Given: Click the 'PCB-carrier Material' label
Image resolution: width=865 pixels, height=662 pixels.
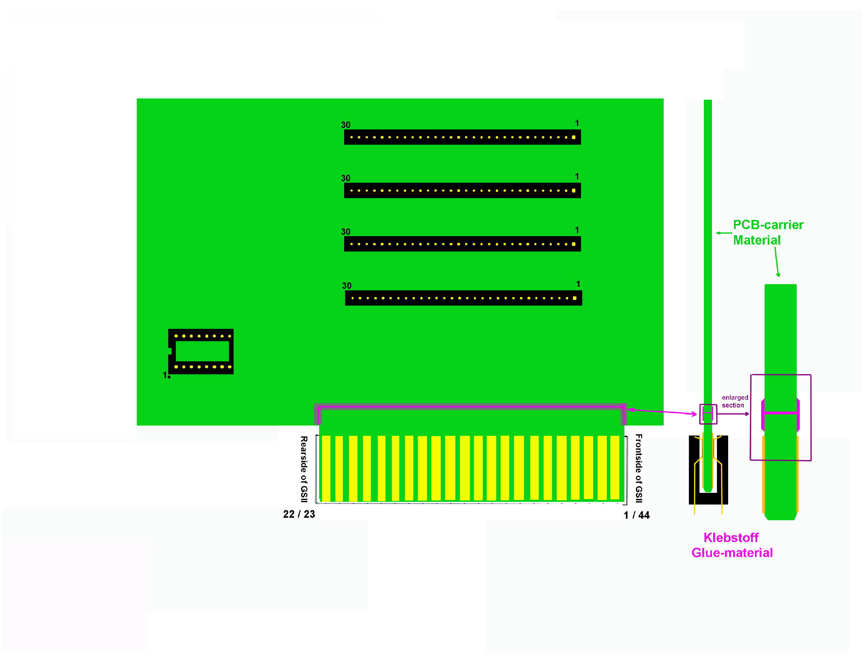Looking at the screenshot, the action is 768,232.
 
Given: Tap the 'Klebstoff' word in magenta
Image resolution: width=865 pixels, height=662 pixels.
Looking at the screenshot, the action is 731,537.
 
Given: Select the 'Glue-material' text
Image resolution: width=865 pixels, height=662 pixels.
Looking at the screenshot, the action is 732,553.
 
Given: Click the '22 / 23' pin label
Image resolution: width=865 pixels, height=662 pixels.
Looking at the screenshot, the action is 299,514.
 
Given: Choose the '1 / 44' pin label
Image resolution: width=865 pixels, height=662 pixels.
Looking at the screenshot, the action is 637,515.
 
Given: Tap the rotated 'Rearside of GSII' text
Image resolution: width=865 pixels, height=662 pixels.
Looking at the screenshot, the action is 304,469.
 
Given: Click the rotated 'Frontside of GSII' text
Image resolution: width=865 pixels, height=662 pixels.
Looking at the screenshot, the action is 639,468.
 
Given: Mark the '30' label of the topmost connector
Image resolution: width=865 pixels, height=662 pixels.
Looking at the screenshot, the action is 346,125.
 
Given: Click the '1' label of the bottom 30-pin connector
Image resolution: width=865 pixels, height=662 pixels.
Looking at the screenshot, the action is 578,284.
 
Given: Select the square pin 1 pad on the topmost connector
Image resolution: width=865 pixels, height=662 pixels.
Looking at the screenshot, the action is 574,137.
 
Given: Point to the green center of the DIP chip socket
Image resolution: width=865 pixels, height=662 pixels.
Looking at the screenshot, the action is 202,351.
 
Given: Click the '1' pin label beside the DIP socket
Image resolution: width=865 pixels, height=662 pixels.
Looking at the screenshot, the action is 165,375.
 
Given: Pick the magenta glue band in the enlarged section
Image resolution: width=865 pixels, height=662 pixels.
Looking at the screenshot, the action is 780,413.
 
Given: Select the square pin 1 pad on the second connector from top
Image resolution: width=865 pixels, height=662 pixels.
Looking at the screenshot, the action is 574,191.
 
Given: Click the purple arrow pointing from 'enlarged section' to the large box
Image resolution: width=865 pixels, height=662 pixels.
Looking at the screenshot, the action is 733,414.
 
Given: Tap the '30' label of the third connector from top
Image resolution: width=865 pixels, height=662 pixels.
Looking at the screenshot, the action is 346,232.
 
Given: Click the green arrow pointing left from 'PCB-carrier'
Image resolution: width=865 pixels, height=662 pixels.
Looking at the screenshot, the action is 724,233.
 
